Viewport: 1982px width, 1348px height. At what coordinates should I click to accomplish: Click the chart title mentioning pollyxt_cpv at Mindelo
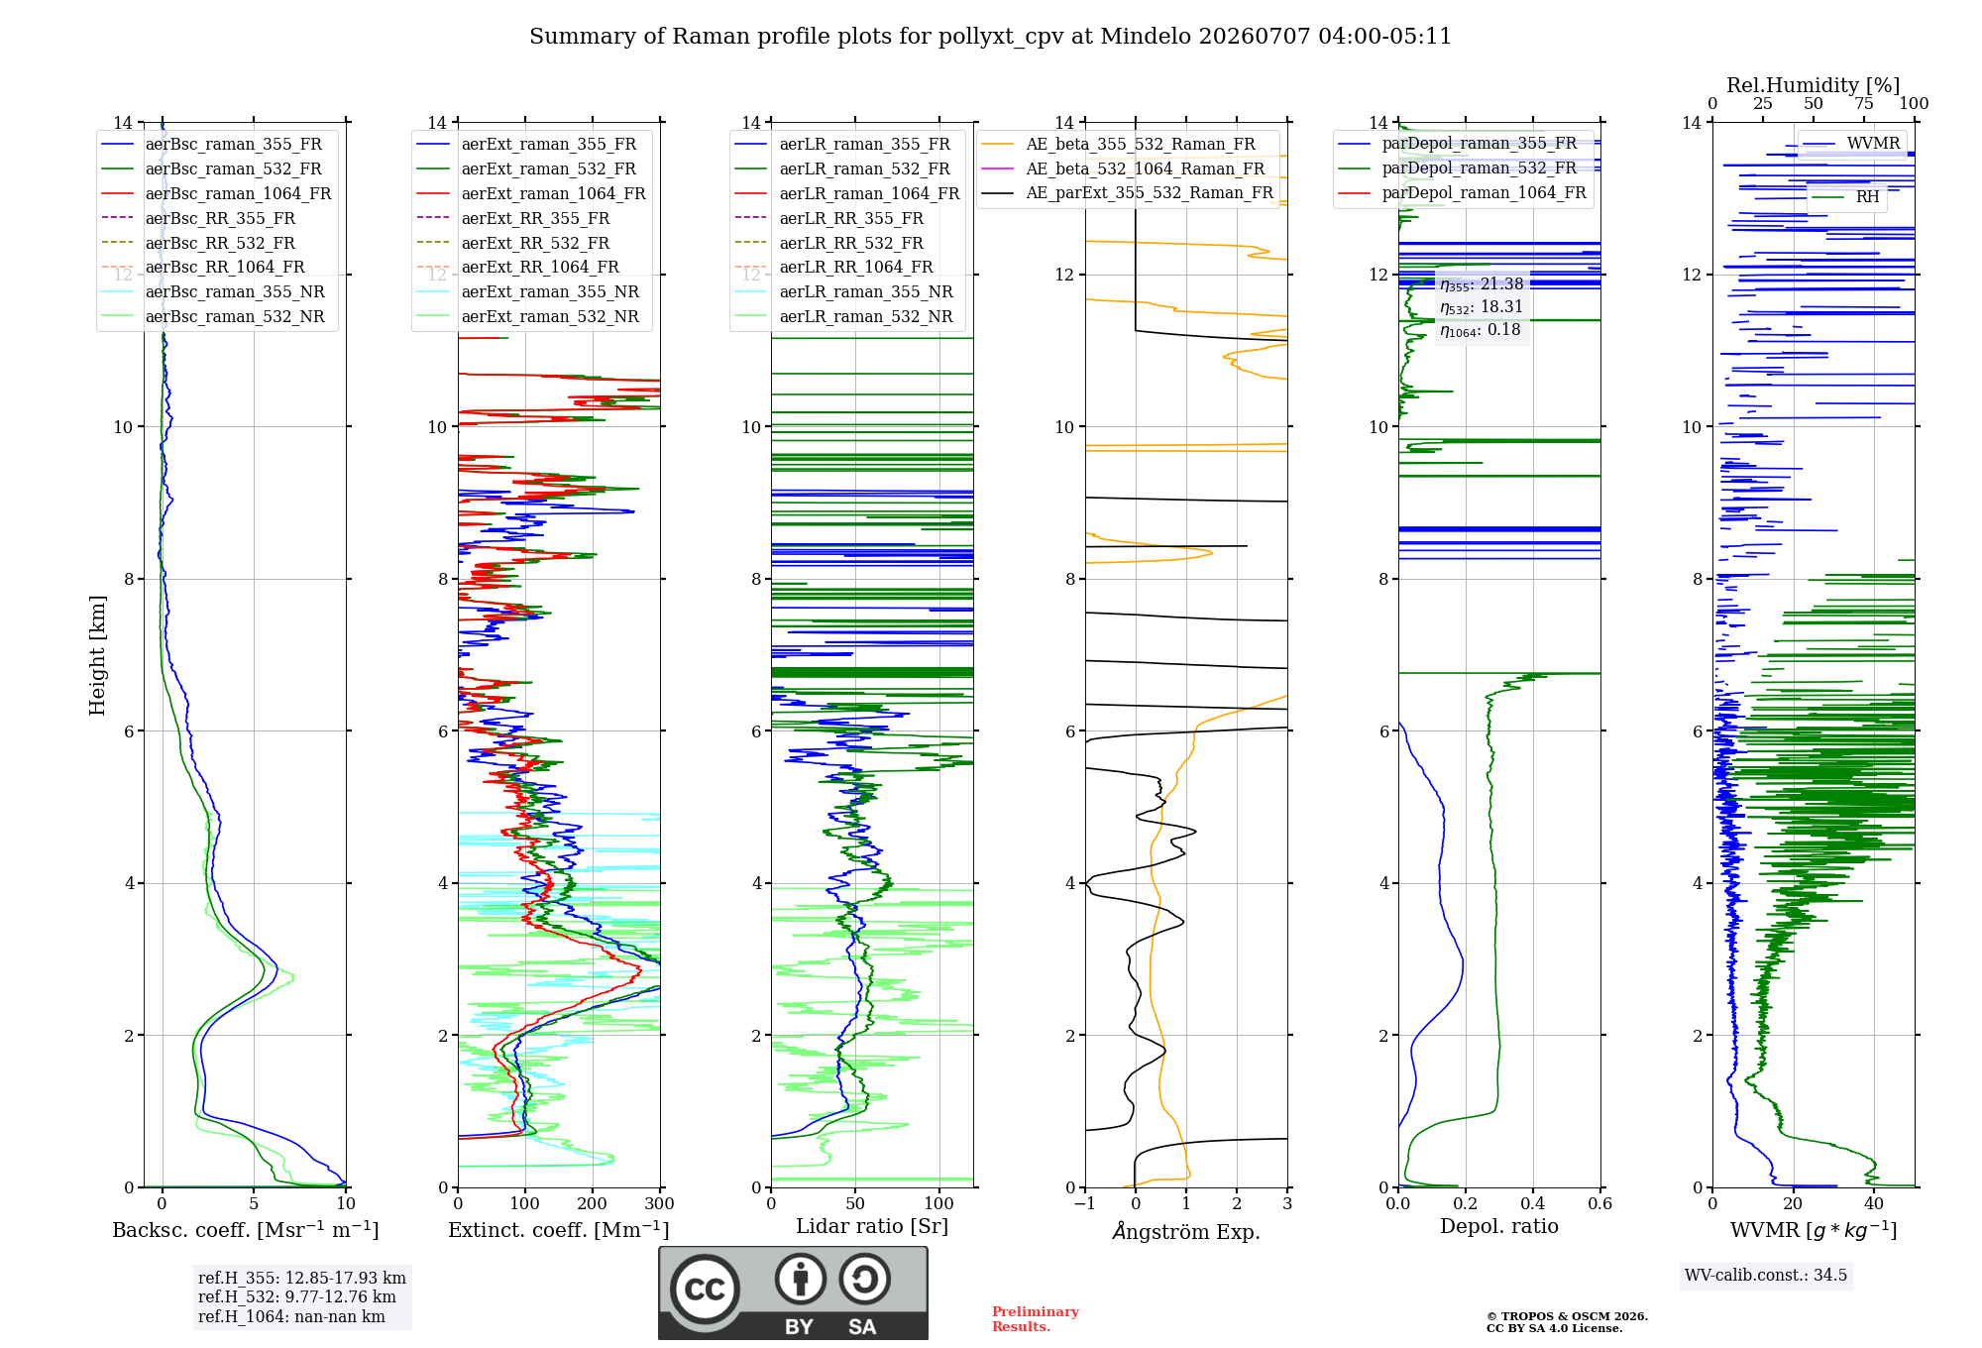click(x=990, y=37)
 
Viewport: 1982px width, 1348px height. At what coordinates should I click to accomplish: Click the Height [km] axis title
click(x=97, y=655)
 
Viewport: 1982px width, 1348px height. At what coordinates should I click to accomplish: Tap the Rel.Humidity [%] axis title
click(x=1814, y=85)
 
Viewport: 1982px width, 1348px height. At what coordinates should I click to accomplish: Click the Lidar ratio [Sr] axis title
click(x=872, y=1227)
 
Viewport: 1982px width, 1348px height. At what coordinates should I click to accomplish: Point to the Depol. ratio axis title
click(x=1499, y=1227)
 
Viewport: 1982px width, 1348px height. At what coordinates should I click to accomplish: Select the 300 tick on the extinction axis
click(x=660, y=1204)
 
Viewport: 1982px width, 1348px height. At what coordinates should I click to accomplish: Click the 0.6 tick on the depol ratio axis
click(x=1600, y=1204)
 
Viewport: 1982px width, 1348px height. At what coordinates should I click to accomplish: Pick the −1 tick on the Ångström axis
click(x=1084, y=1204)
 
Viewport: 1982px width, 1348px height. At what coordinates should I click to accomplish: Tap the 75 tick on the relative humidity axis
click(x=1864, y=104)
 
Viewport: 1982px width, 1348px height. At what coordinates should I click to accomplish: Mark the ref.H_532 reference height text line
click(x=296, y=1296)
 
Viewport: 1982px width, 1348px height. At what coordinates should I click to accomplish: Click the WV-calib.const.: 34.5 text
click(x=1766, y=1275)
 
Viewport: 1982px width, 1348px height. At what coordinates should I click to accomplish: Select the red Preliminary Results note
click(x=1036, y=1319)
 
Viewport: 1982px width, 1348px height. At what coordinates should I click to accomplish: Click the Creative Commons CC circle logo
click(x=705, y=1290)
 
